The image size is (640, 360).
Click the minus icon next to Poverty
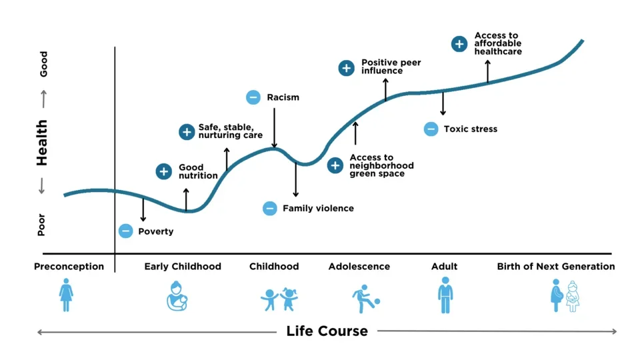(125, 231)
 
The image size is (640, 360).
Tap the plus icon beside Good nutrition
(163, 171)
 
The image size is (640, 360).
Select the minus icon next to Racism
(253, 97)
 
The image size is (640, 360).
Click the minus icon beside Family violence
(269, 208)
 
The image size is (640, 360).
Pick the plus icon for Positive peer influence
(346, 67)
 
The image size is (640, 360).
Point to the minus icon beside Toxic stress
(431, 129)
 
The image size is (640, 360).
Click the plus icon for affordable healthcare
(459, 44)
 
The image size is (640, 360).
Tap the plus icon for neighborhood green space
(335, 166)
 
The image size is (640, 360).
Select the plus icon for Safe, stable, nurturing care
(187, 131)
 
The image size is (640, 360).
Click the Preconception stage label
(69, 267)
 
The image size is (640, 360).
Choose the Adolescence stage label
(359, 267)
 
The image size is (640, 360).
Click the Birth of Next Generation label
(556, 267)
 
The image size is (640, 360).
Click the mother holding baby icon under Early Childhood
(177, 297)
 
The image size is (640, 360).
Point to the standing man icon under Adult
(445, 295)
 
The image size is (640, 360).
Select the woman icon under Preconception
(66, 295)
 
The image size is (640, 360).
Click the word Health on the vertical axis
(42, 143)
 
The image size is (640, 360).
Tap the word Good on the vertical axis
(43, 65)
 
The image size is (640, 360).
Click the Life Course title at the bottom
(327, 331)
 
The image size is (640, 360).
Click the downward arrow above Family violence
(295, 179)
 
